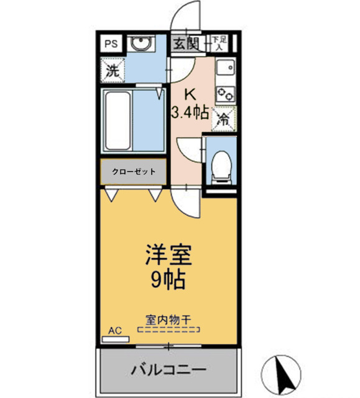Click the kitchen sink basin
pos(224,67)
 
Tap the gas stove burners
pos(224,93)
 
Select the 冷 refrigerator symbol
pos(222,119)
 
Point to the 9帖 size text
pos(167,280)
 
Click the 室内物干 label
pos(168,320)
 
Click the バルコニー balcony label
pos(168,371)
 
